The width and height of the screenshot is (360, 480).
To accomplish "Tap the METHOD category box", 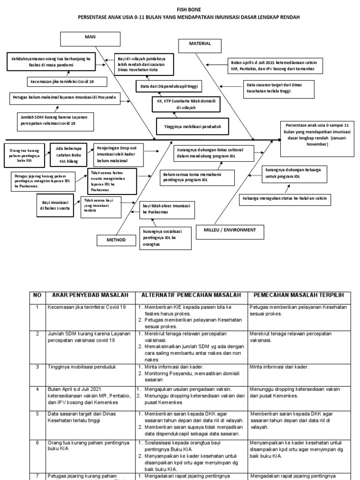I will pyautogui.click(x=116, y=240).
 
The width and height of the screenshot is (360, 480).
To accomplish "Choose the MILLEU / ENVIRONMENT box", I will pyautogui.click(x=233, y=230).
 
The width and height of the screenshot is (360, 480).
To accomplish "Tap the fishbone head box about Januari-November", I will pyautogui.click(x=315, y=135).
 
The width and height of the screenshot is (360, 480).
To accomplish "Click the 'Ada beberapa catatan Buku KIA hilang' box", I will pyautogui.click(x=69, y=155).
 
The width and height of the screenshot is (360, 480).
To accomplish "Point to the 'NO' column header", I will pyautogui.click(x=37, y=295).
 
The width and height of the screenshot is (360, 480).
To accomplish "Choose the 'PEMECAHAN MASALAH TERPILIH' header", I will pyautogui.click(x=299, y=295).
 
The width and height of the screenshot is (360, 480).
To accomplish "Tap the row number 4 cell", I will pyautogui.click(x=37, y=389).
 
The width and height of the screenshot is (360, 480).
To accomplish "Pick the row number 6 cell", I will pyautogui.click(x=37, y=442).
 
